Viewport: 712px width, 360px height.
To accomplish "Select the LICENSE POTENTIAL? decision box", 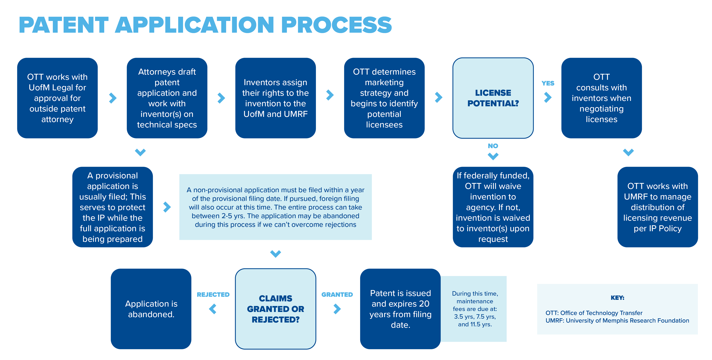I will click(x=493, y=98).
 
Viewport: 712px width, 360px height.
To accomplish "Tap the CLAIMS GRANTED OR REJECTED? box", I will click(x=275, y=309).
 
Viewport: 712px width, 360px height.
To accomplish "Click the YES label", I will click(x=548, y=83).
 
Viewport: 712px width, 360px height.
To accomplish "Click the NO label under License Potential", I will click(x=493, y=146).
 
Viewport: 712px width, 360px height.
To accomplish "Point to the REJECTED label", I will click(x=213, y=294).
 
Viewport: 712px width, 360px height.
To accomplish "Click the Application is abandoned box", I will click(x=151, y=309).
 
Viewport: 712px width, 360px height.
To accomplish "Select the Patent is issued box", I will click(x=400, y=309).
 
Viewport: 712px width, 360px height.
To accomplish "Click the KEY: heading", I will click(x=617, y=298).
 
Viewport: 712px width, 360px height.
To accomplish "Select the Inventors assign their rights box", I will click(x=275, y=98).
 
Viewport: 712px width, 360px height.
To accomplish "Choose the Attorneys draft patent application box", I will click(x=167, y=98).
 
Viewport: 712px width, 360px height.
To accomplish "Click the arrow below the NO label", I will click(x=493, y=156).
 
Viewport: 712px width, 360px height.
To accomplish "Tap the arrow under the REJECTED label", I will click(x=212, y=309).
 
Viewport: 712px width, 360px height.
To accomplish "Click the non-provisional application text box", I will click(x=275, y=207).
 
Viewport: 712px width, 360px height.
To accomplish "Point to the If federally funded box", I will click(x=493, y=207).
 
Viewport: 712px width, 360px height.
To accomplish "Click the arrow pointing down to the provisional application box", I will click(x=140, y=152).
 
